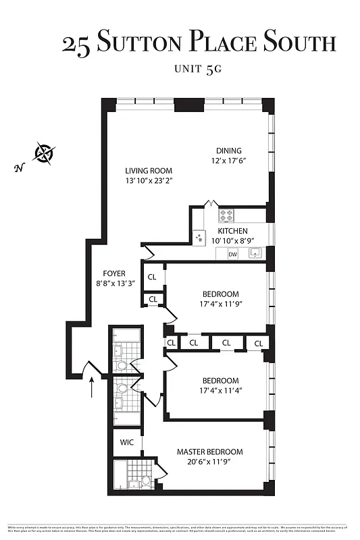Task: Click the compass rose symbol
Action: point(45,154)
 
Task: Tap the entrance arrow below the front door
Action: point(92,388)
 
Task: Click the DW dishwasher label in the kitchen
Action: point(233,254)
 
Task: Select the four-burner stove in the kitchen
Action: point(226,215)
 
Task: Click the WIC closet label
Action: point(127,442)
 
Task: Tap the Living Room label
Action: point(149,171)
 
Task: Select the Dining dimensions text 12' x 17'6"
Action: point(228,161)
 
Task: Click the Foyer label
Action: point(114,273)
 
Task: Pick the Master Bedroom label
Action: point(209,452)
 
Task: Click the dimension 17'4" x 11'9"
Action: point(222,304)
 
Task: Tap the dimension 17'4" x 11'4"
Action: point(220,390)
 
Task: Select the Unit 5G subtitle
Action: point(197,69)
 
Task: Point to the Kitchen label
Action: point(233,231)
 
